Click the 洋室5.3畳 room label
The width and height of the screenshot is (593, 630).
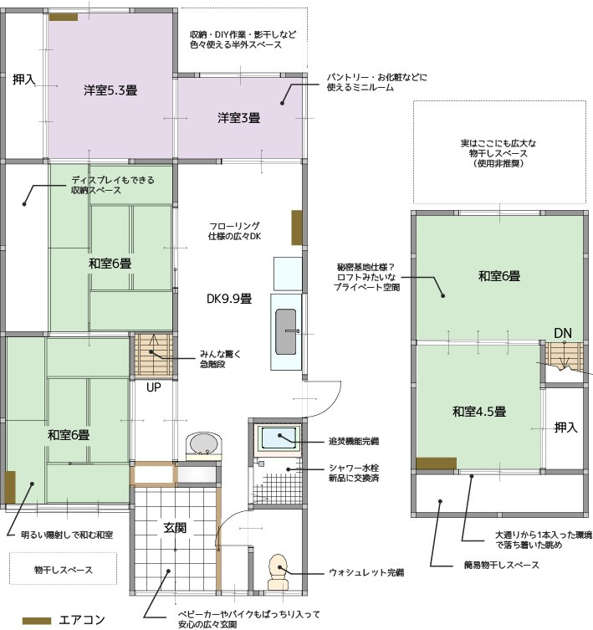tap(110, 90)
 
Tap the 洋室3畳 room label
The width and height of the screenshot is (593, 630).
tap(238, 118)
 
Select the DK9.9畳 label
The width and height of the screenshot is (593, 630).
tap(229, 299)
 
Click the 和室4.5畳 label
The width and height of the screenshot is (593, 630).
tap(479, 412)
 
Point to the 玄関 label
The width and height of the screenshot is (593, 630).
tap(175, 528)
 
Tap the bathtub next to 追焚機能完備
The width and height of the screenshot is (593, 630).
tap(279, 438)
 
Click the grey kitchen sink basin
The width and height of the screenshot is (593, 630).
tap(286, 331)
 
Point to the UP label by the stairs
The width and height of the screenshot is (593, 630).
tap(153, 387)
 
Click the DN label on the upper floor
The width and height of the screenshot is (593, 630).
tap(562, 333)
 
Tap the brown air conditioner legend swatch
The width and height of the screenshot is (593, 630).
tap(37, 621)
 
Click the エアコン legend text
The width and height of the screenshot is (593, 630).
tap(82, 620)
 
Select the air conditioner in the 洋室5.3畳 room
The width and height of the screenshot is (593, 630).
tap(64, 17)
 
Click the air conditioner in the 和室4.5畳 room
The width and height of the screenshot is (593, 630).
tap(436, 464)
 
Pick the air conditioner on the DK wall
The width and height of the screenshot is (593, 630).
tap(296, 228)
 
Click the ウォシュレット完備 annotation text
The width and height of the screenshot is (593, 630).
tap(366, 572)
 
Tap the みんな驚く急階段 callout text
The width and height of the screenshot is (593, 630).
tap(220, 359)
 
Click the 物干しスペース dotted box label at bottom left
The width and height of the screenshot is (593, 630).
tap(64, 570)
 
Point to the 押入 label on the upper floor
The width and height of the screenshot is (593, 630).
tap(565, 428)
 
